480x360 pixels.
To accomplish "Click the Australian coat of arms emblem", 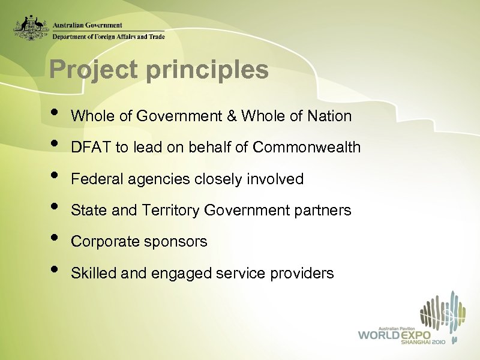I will click(32, 27).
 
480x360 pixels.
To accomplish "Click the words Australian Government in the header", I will click(88, 25).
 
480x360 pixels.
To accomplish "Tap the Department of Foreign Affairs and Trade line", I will click(108, 36).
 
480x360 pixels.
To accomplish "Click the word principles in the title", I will click(207, 70).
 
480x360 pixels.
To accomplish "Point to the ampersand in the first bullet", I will click(231, 116).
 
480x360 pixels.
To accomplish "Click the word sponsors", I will click(179, 241).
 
